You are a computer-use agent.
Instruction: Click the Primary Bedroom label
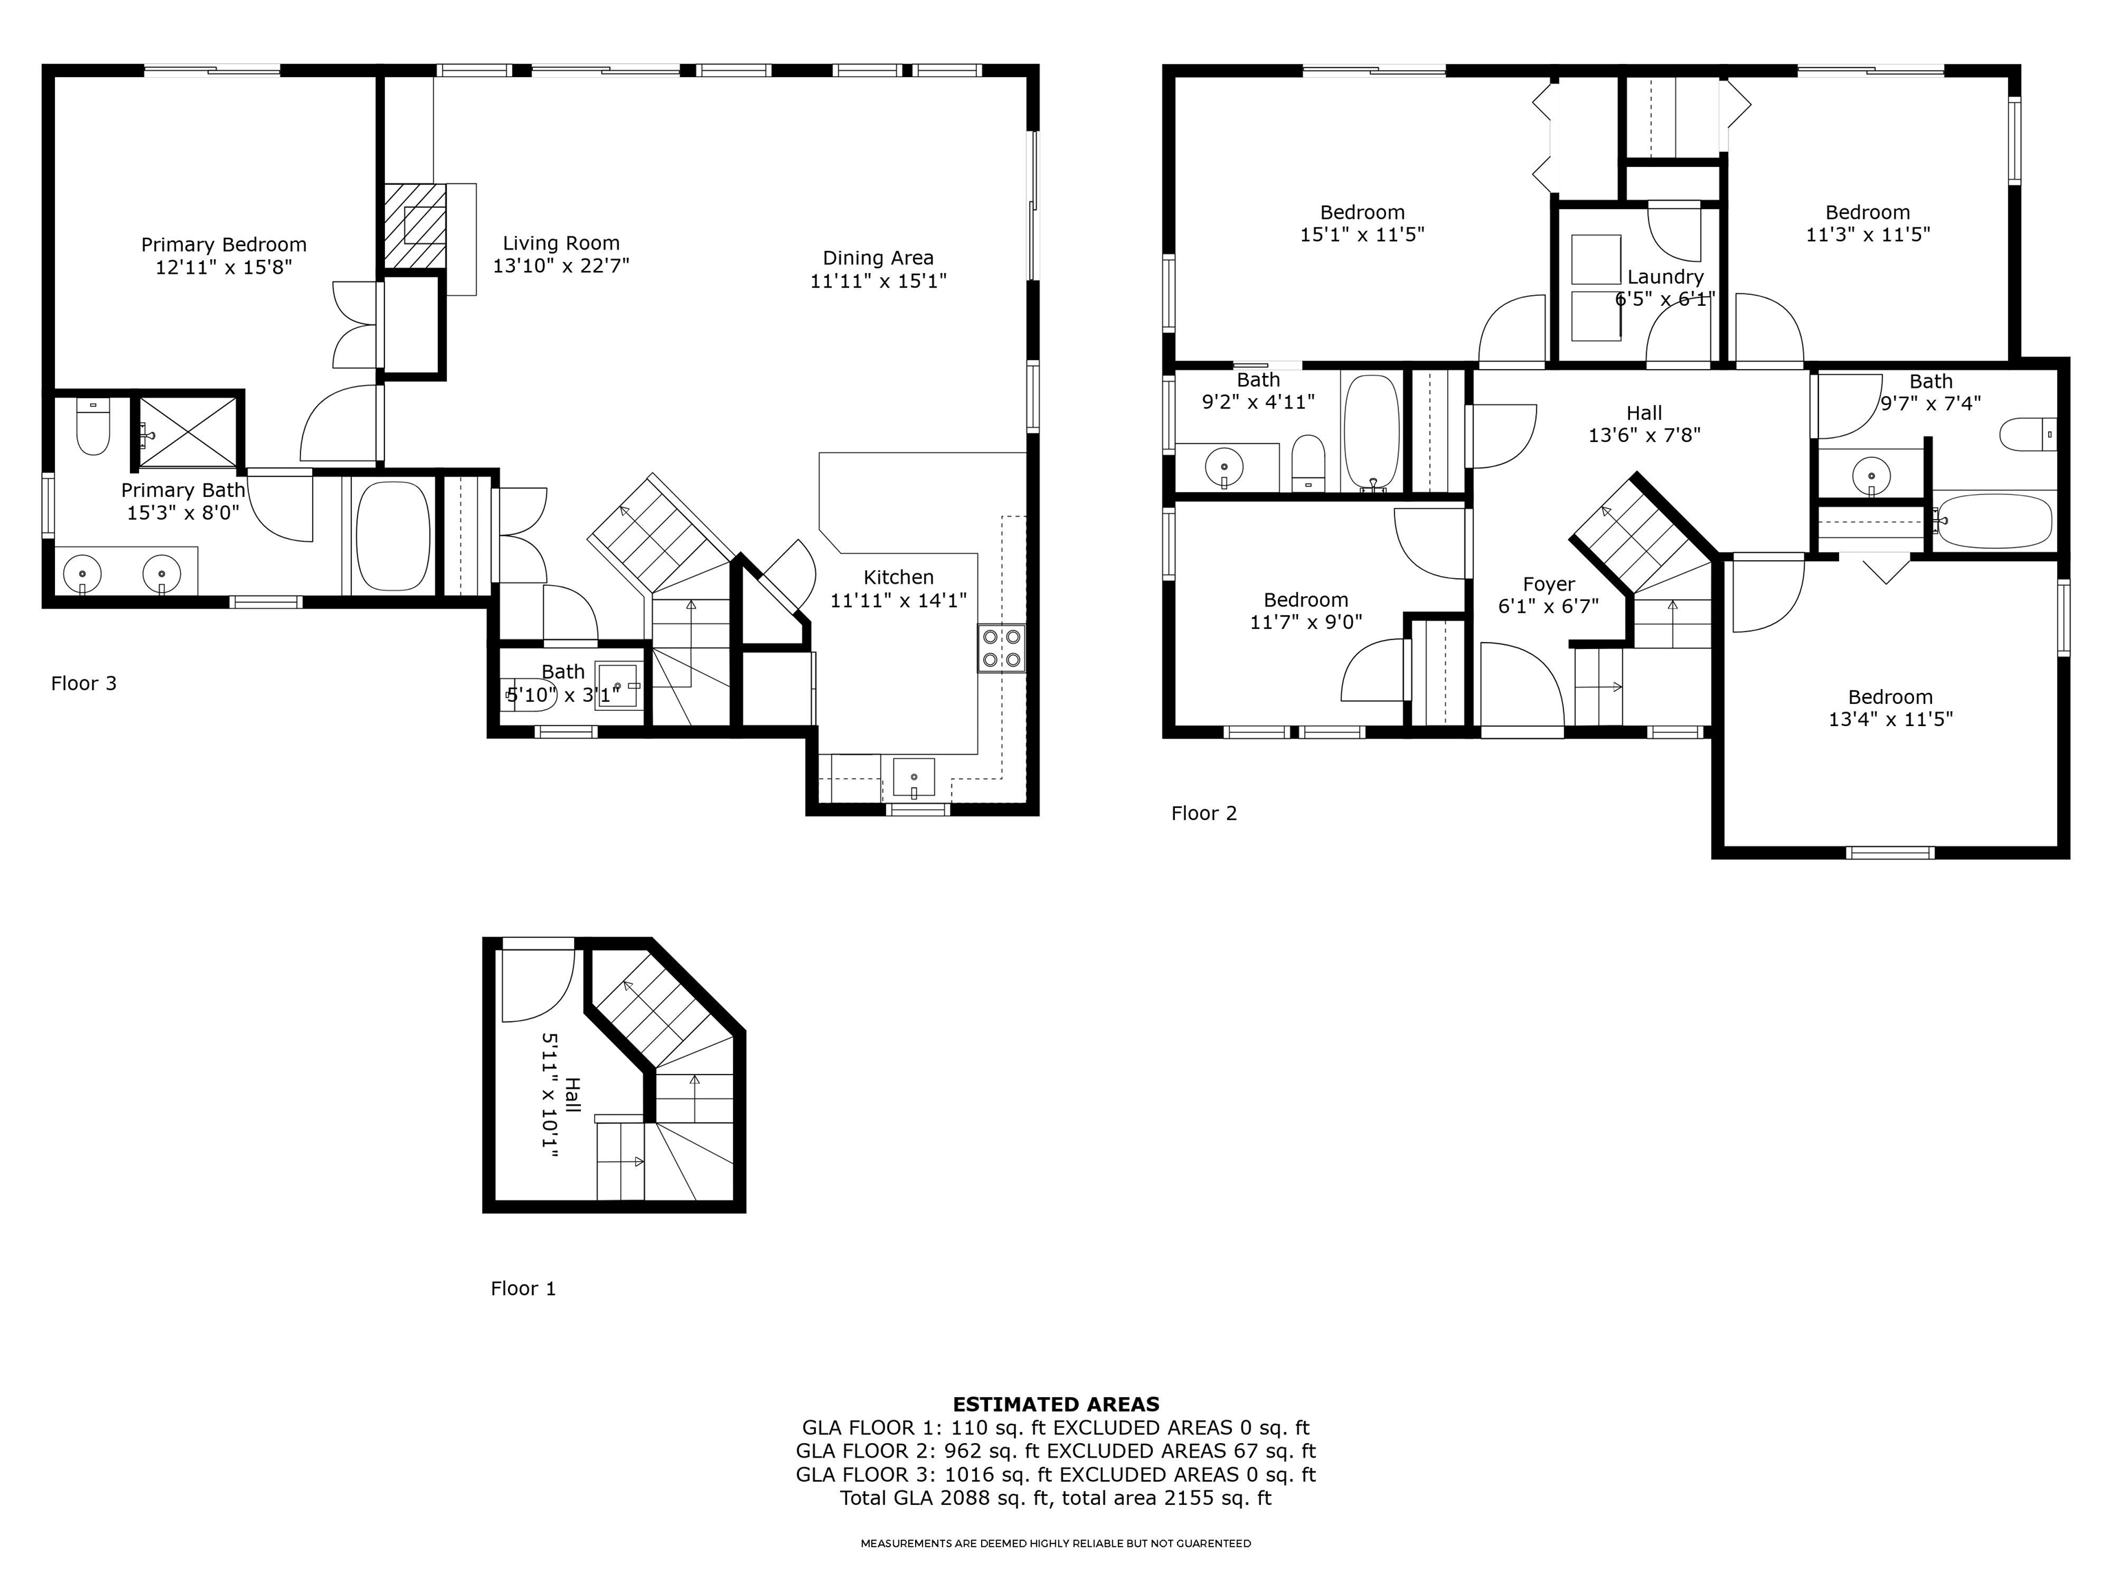[x=223, y=245]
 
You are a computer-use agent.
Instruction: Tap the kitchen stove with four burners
[x=1000, y=648]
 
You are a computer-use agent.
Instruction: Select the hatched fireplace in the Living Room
[x=415, y=226]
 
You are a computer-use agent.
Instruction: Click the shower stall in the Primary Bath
[x=188, y=432]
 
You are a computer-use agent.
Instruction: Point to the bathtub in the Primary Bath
[x=393, y=536]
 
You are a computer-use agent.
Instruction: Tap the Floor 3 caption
[x=84, y=683]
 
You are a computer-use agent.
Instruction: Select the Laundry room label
[x=1665, y=277]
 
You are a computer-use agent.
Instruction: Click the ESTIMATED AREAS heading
[x=1056, y=1405]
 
